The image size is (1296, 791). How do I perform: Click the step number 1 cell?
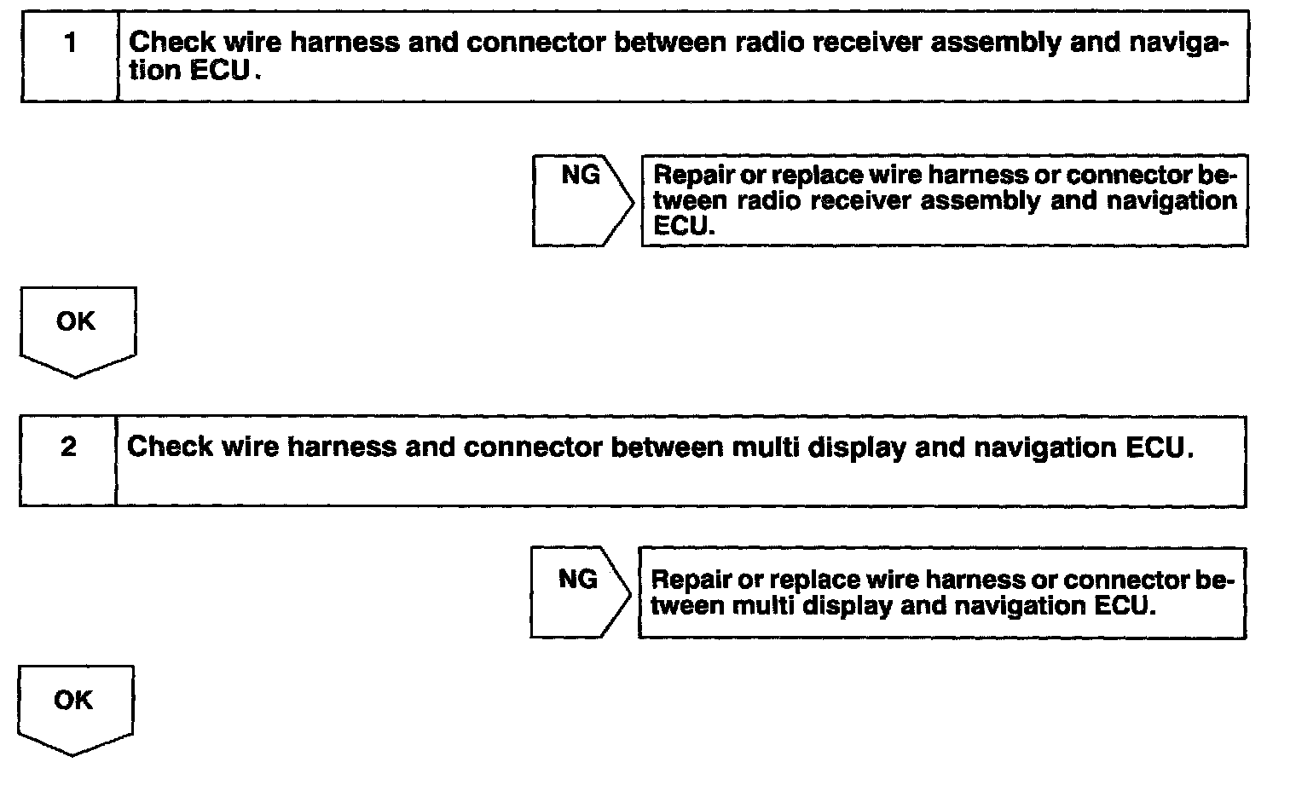click(70, 56)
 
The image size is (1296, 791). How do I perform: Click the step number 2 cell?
click(68, 460)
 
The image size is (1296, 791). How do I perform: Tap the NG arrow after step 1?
click(581, 200)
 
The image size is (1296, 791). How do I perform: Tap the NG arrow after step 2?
click(579, 592)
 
